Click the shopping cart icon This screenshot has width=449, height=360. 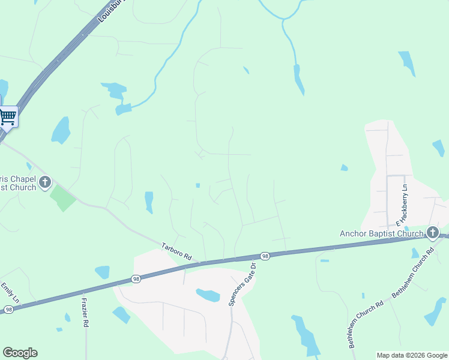[x=8, y=116]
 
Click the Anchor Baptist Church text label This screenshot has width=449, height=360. [x=382, y=233]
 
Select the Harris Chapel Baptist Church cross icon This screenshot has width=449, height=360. [x=44, y=182]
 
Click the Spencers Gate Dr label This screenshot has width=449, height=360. [x=241, y=285]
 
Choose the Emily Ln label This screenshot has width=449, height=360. [x=10, y=292]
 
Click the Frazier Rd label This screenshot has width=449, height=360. [x=85, y=309]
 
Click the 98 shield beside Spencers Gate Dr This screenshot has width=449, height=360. [x=265, y=256]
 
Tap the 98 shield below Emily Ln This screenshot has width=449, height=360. [x=8, y=309]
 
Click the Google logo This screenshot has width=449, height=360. [x=20, y=353]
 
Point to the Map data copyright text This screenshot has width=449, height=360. [x=411, y=355]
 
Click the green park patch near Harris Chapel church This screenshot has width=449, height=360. [x=63, y=198]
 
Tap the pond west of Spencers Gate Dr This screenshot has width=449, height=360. [x=208, y=295]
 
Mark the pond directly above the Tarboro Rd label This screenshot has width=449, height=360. [x=149, y=201]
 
